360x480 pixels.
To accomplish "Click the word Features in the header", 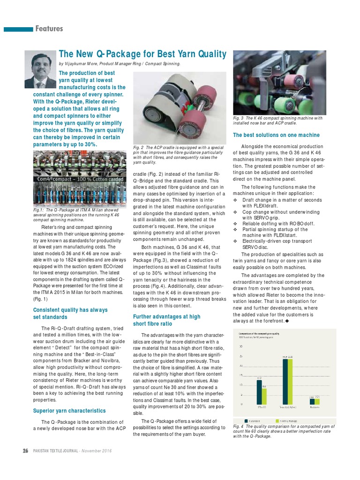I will pos(49,29).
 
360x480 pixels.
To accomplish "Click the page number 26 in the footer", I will pos(26,451).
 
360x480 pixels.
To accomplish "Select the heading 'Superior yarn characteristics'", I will pos(69,411).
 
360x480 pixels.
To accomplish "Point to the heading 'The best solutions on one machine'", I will pos(276,135).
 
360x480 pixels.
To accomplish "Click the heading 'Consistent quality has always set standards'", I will pos(70,313).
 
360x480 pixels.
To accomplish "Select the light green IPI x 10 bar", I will pos(264,396).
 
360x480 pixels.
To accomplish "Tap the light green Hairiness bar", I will pos(317,401).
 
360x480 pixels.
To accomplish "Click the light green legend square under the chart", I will pos(277,420).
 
